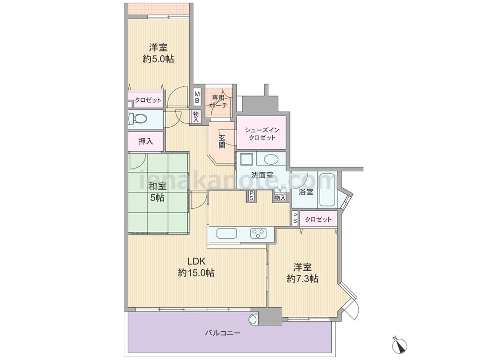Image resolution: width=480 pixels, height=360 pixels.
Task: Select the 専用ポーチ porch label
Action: coord(218,102)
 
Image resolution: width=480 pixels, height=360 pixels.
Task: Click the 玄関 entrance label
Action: coord(222,142)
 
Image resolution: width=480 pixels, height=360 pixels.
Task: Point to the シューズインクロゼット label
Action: coord(262,134)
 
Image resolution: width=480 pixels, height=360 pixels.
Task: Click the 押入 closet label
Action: coord(146,142)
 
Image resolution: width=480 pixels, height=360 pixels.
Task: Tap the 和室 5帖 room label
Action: coord(157,192)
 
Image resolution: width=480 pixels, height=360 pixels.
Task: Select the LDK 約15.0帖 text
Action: coord(196,267)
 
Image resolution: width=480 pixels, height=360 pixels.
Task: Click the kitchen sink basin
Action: coord(227,234)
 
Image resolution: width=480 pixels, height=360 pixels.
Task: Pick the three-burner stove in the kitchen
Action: coord(258,234)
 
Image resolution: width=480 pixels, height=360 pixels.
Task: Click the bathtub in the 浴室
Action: coord(327,190)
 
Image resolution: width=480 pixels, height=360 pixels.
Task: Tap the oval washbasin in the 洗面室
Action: coord(271,159)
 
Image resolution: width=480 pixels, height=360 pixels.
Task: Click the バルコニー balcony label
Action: coord(223,333)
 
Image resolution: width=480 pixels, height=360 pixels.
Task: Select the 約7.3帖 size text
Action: coord(302,279)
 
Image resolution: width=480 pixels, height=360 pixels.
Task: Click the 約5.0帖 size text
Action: coord(158,59)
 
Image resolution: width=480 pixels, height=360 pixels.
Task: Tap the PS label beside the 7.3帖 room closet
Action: coord(295,218)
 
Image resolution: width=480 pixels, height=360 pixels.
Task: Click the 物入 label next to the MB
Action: coord(196,117)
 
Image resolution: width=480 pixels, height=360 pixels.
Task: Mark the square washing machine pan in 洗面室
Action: coord(245,159)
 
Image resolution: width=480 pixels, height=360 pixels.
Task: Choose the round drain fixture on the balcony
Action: coord(253,320)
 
